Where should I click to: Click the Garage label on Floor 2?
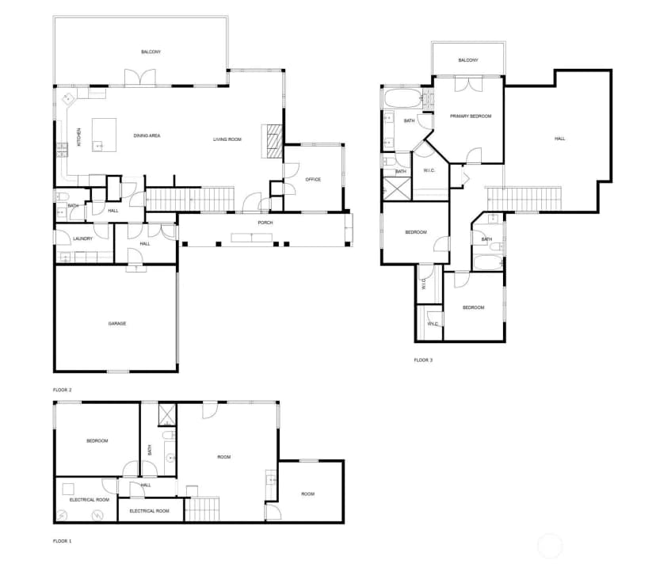[117, 323]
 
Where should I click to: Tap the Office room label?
[313, 180]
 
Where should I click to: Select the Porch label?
[265, 223]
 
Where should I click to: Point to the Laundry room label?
[83, 239]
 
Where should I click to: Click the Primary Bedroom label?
[471, 116]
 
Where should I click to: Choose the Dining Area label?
[147, 135]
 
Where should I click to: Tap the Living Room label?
[227, 139]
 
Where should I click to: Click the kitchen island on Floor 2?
[104, 135]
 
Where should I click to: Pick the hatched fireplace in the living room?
[272, 141]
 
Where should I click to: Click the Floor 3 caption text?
[423, 360]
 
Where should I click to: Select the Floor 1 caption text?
[62, 541]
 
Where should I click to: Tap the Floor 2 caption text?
[62, 390]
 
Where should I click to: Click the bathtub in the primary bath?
[403, 99]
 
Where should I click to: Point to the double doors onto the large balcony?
[140, 78]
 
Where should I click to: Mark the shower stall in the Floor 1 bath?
[167, 414]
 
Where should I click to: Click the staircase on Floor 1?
[202, 509]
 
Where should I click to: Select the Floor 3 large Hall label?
[560, 139]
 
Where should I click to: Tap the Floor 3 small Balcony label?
[468, 60]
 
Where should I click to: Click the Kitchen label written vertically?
[78, 137]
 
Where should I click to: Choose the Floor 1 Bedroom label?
[97, 441]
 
